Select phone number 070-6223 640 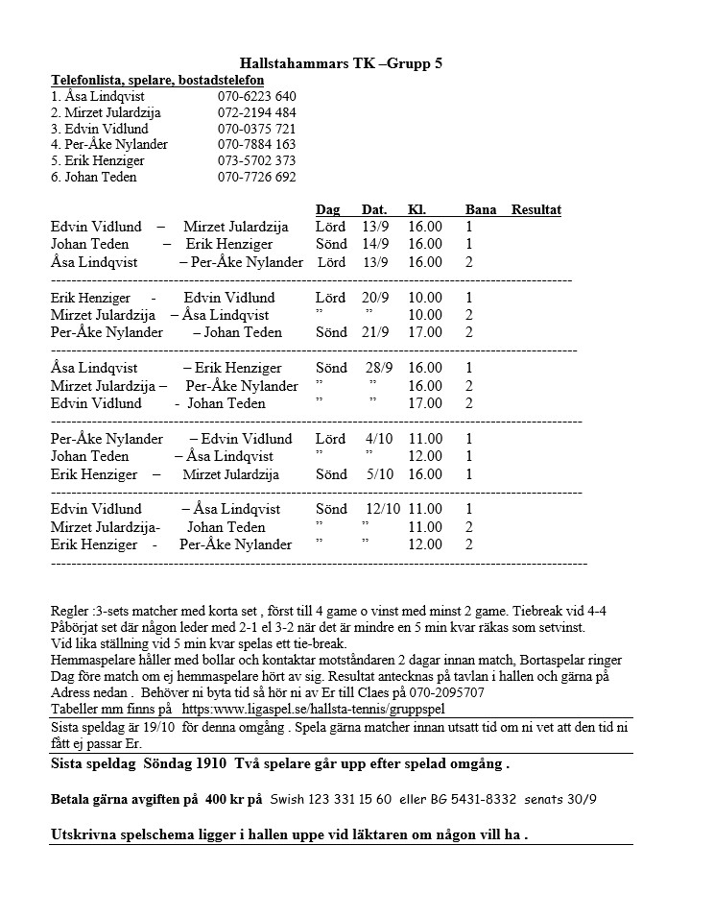click(x=256, y=97)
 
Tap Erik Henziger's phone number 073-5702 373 click(x=256, y=160)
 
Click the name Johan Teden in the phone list click(x=94, y=177)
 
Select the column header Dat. click(x=374, y=210)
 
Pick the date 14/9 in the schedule click(x=375, y=245)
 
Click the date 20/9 click(x=375, y=298)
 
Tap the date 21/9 click(x=375, y=332)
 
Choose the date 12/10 click(x=383, y=509)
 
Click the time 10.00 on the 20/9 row click(x=425, y=298)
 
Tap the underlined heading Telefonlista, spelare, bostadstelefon click(x=157, y=80)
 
